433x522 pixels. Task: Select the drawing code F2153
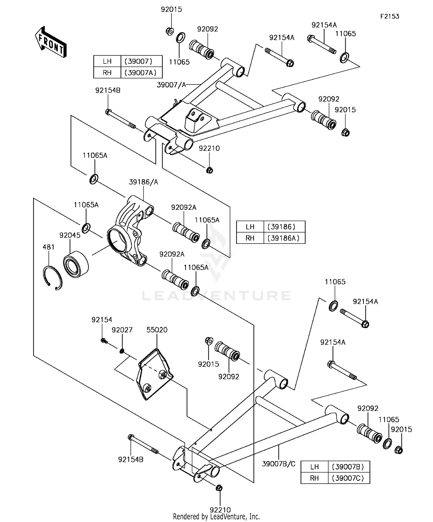tap(389, 16)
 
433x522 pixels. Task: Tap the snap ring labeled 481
tap(53, 278)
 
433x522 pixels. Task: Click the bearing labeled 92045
tap(76, 264)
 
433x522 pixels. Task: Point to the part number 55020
tap(157, 330)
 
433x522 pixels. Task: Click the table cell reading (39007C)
tap(349, 478)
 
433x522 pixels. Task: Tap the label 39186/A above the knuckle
tap(143, 182)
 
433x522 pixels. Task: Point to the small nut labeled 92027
tap(122, 351)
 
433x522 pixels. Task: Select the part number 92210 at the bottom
tap(220, 510)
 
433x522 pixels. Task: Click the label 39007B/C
tap(279, 464)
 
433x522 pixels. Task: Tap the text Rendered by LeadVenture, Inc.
tap(216, 517)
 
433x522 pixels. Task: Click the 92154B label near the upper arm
tap(108, 91)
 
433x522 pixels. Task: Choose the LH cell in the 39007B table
tap(314, 467)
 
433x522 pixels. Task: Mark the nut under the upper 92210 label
tap(210, 170)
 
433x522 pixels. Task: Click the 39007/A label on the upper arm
tap(171, 85)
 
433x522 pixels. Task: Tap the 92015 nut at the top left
tap(170, 31)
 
